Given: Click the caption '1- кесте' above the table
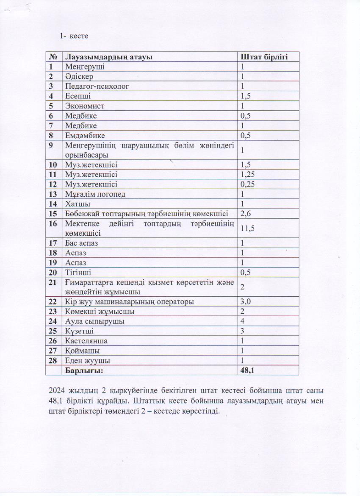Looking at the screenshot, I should (74, 36).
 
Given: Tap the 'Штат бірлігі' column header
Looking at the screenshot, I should (264, 57).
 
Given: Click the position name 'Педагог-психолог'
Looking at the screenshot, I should (97, 86).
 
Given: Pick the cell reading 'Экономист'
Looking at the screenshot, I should (85, 106).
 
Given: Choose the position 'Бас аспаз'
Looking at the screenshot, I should (84, 243).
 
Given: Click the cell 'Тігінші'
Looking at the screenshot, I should (78, 273).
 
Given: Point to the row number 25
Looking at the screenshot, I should (53, 331).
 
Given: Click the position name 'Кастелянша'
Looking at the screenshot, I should (86, 341).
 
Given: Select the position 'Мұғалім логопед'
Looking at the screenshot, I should (95, 194).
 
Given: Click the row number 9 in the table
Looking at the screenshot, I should (51, 145).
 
